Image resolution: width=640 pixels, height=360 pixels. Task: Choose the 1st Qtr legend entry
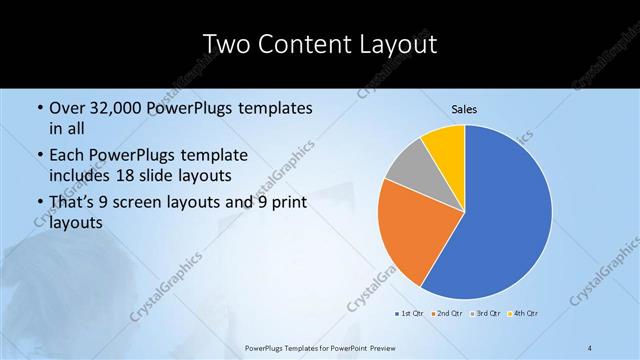click(x=408, y=314)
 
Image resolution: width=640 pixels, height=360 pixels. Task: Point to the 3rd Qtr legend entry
click(x=486, y=314)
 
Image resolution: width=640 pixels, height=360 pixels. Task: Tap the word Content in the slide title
click(x=302, y=44)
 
